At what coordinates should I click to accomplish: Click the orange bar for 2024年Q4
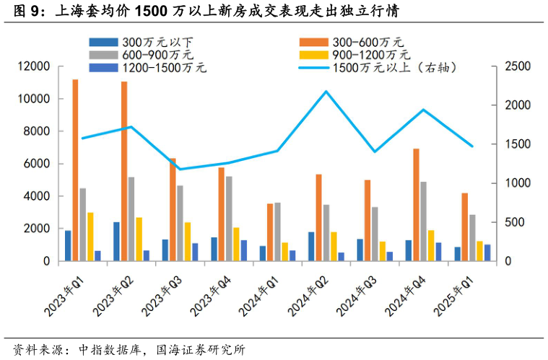pyautogui.click(x=416, y=205)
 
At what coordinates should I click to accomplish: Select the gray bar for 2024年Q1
pyautogui.click(x=278, y=232)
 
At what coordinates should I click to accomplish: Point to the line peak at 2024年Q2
pyautogui.click(x=326, y=91)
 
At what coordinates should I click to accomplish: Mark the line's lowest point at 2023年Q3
pyautogui.click(x=180, y=170)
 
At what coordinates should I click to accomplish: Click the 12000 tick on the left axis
pyautogui.click(x=34, y=66)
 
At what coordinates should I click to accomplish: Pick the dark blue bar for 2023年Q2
pyautogui.click(x=116, y=242)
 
